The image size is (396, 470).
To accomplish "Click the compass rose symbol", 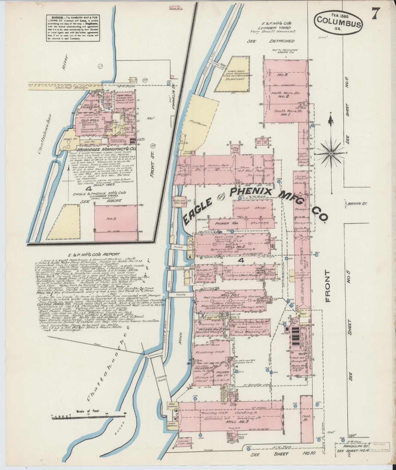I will pos(331,152).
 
